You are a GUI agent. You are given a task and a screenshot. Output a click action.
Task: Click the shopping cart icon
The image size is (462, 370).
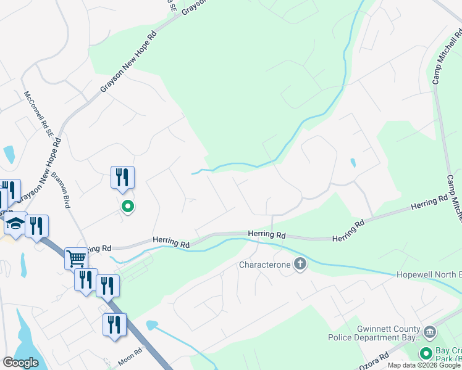76,258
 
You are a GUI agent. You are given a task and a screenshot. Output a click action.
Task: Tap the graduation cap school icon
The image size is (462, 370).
16,224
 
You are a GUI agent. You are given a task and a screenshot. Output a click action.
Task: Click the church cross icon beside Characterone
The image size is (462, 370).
300,265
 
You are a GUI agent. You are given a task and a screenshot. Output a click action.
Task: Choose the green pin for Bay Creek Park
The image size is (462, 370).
426,353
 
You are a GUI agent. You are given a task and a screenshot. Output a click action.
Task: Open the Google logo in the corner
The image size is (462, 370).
20,363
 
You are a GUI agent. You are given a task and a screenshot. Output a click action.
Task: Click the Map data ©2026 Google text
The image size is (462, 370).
424,365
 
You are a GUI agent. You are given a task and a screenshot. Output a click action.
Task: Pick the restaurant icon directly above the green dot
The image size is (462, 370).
122,177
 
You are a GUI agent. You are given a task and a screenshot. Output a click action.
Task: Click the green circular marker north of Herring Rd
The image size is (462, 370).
128,207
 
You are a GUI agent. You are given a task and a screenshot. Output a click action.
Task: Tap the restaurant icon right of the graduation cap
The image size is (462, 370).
37,226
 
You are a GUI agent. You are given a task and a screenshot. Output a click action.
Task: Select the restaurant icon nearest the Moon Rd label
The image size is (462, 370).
114,324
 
